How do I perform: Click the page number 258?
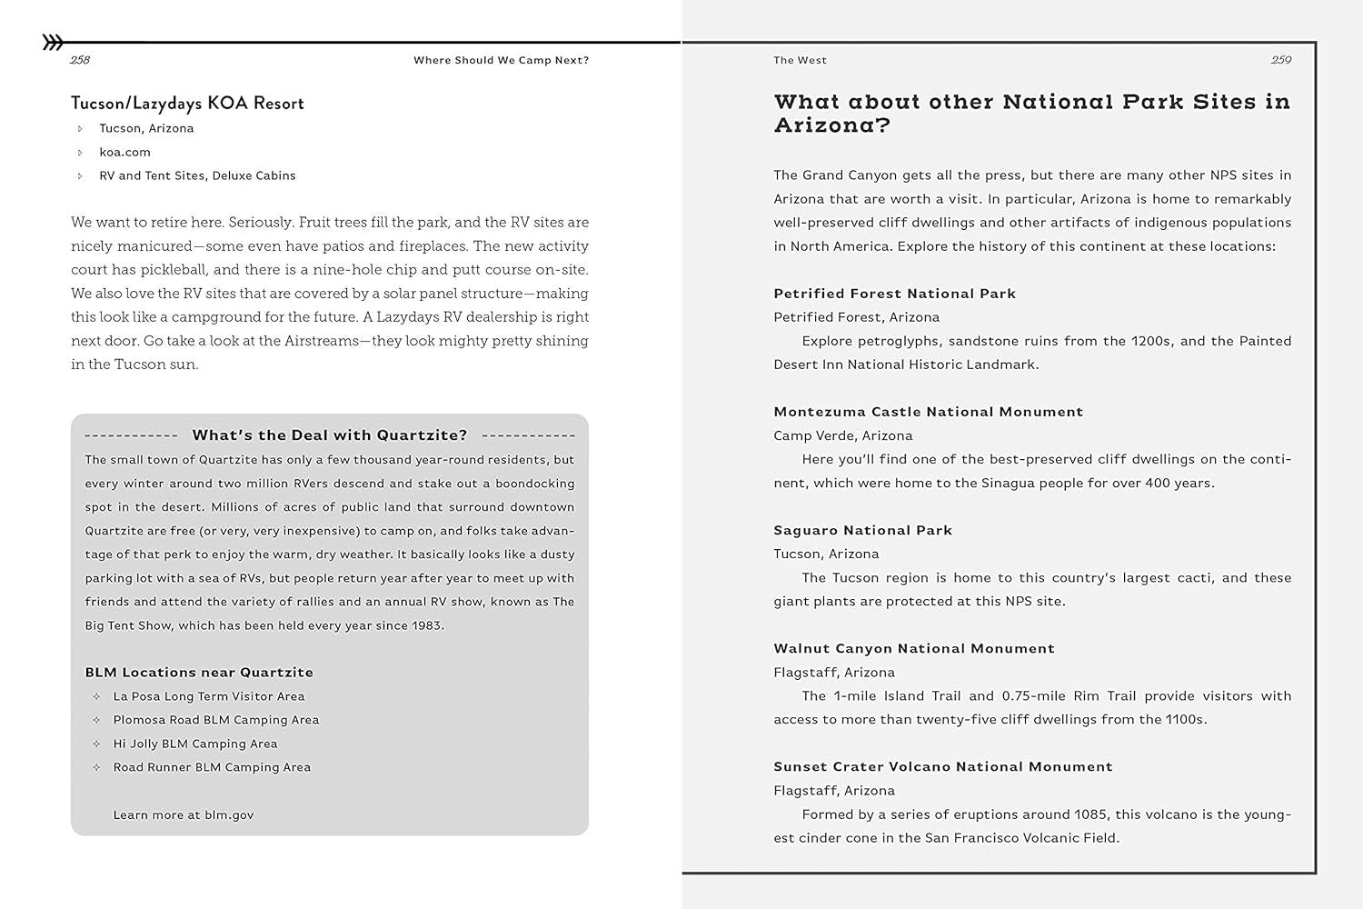tap(80, 60)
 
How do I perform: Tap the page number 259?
tap(1281, 60)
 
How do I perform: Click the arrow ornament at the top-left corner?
tap(53, 42)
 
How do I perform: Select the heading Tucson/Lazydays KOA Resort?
tap(187, 104)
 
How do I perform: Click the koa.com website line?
tap(124, 152)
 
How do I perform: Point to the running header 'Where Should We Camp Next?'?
tap(502, 60)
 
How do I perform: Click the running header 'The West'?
tap(801, 60)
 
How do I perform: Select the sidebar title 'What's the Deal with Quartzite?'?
tap(330, 435)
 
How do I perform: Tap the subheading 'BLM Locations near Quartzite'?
tap(199, 673)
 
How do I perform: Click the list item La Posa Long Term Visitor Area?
tap(209, 696)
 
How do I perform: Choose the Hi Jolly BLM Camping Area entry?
tap(195, 744)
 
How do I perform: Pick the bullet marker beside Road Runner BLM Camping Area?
tap(96, 767)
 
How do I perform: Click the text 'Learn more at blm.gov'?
tap(184, 815)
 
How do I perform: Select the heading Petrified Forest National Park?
tap(895, 294)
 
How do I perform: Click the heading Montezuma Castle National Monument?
tap(929, 412)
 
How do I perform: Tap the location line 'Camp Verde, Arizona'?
tap(843, 435)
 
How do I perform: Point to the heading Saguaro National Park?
tap(863, 530)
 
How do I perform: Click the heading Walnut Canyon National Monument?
tap(914, 648)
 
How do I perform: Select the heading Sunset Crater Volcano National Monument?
tap(943, 766)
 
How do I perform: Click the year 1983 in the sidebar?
tap(425, 625)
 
